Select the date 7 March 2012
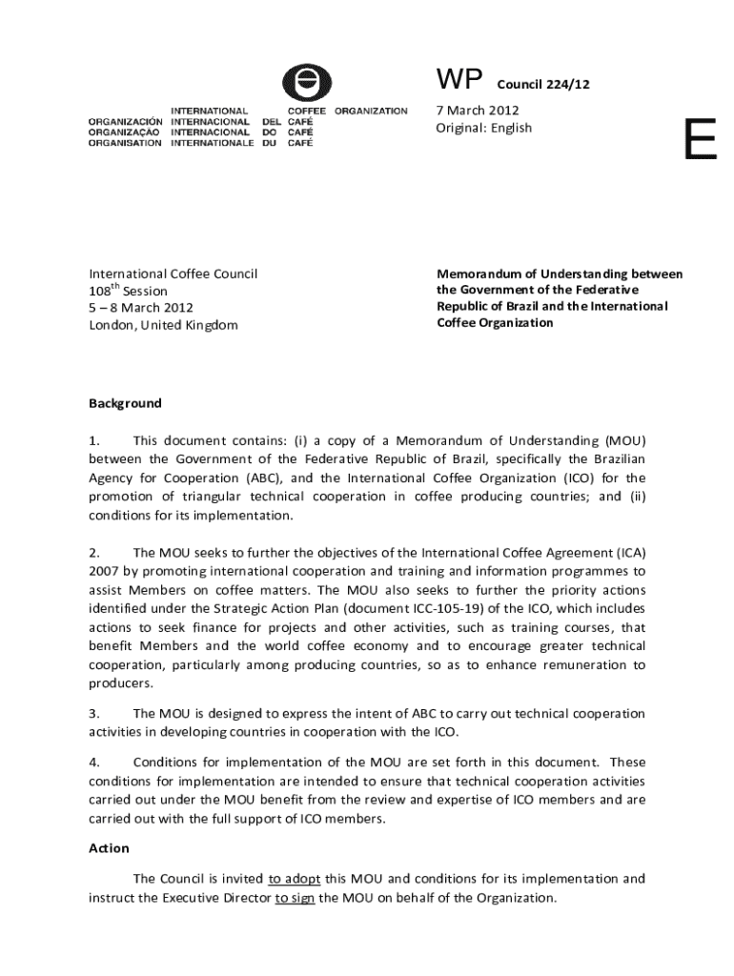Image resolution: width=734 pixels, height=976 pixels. click(478, 111)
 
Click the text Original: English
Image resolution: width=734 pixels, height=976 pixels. click(484, 128)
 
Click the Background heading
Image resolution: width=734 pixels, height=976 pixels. click(125, 403)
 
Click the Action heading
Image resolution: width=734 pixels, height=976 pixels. click(109, 848)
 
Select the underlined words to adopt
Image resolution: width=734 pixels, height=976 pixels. click(295, 879)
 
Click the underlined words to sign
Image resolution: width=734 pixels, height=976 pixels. click(295, 898)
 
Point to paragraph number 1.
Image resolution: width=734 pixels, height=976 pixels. click(93, 440)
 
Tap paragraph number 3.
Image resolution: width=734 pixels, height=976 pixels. click(93, 713)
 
